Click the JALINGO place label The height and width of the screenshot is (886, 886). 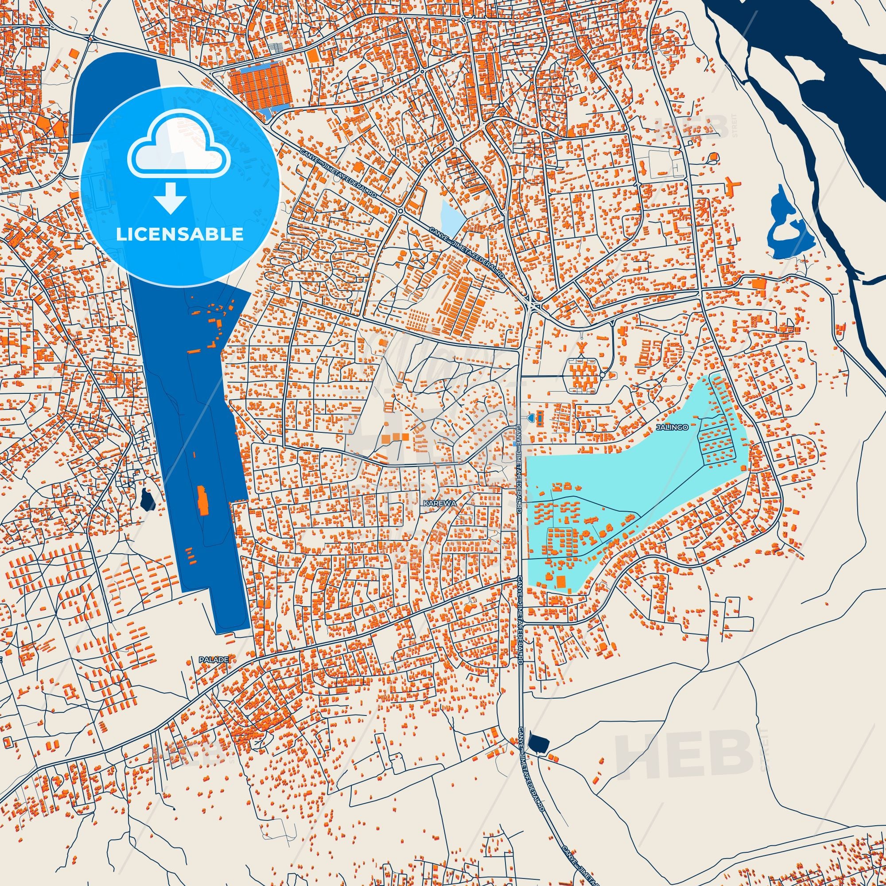[672, 427]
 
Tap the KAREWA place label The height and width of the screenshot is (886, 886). [440, 503]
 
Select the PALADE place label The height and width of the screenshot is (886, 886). [213, 659]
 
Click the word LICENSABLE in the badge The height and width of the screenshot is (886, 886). [179, 234]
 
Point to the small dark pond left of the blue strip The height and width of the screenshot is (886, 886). [147, 500]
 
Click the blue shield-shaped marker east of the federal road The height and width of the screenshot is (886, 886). [531, 417]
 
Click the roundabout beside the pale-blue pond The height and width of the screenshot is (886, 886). [400, 210]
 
